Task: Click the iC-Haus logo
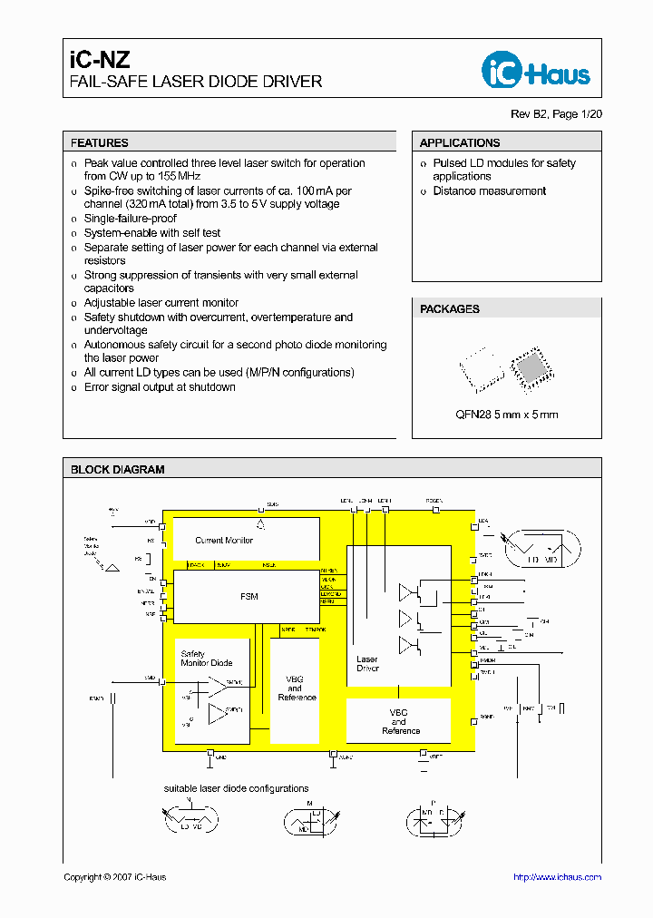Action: [x=535, y=71]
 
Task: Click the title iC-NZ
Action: [x=101, y=61]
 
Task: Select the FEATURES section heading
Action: [x=100, y=142]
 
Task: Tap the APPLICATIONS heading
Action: [x=460, y=142]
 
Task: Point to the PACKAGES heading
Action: [x=450, y=309]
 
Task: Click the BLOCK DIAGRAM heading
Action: [x=118, y=470]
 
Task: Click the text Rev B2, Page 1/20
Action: [x=556, y=114]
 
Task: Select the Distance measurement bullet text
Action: [x=489, y=191]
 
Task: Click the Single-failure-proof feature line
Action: [x=131, y=219]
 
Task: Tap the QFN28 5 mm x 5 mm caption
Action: [x=506, y=415]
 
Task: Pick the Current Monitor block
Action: [x=224, y=541]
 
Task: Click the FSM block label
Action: [x=249, y=596]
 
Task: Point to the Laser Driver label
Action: [x=367, y=664]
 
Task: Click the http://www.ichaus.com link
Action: [x=557, y=877]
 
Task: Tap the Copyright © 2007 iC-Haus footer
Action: [x=115, y=877]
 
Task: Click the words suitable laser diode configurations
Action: [x=236, y=788]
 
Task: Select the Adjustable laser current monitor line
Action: [x=161, y=303]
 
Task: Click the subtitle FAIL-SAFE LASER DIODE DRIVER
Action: [x=196, y=82]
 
